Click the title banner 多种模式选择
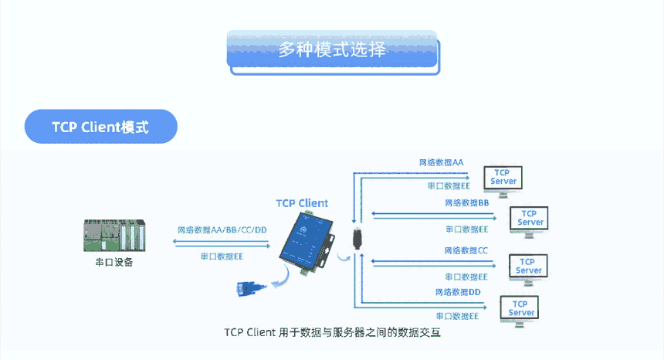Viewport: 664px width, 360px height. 333,51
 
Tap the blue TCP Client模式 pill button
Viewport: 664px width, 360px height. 100,127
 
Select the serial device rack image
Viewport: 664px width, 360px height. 113,236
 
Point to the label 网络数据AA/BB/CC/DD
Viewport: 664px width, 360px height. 222,229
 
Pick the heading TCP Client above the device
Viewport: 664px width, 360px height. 302,203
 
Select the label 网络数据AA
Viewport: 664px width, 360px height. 441,163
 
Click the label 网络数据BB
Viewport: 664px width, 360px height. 466,202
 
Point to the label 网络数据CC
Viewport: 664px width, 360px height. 466,250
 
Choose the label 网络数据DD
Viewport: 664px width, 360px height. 458,292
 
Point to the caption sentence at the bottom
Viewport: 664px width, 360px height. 332,333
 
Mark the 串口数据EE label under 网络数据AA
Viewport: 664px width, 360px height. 448,186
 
